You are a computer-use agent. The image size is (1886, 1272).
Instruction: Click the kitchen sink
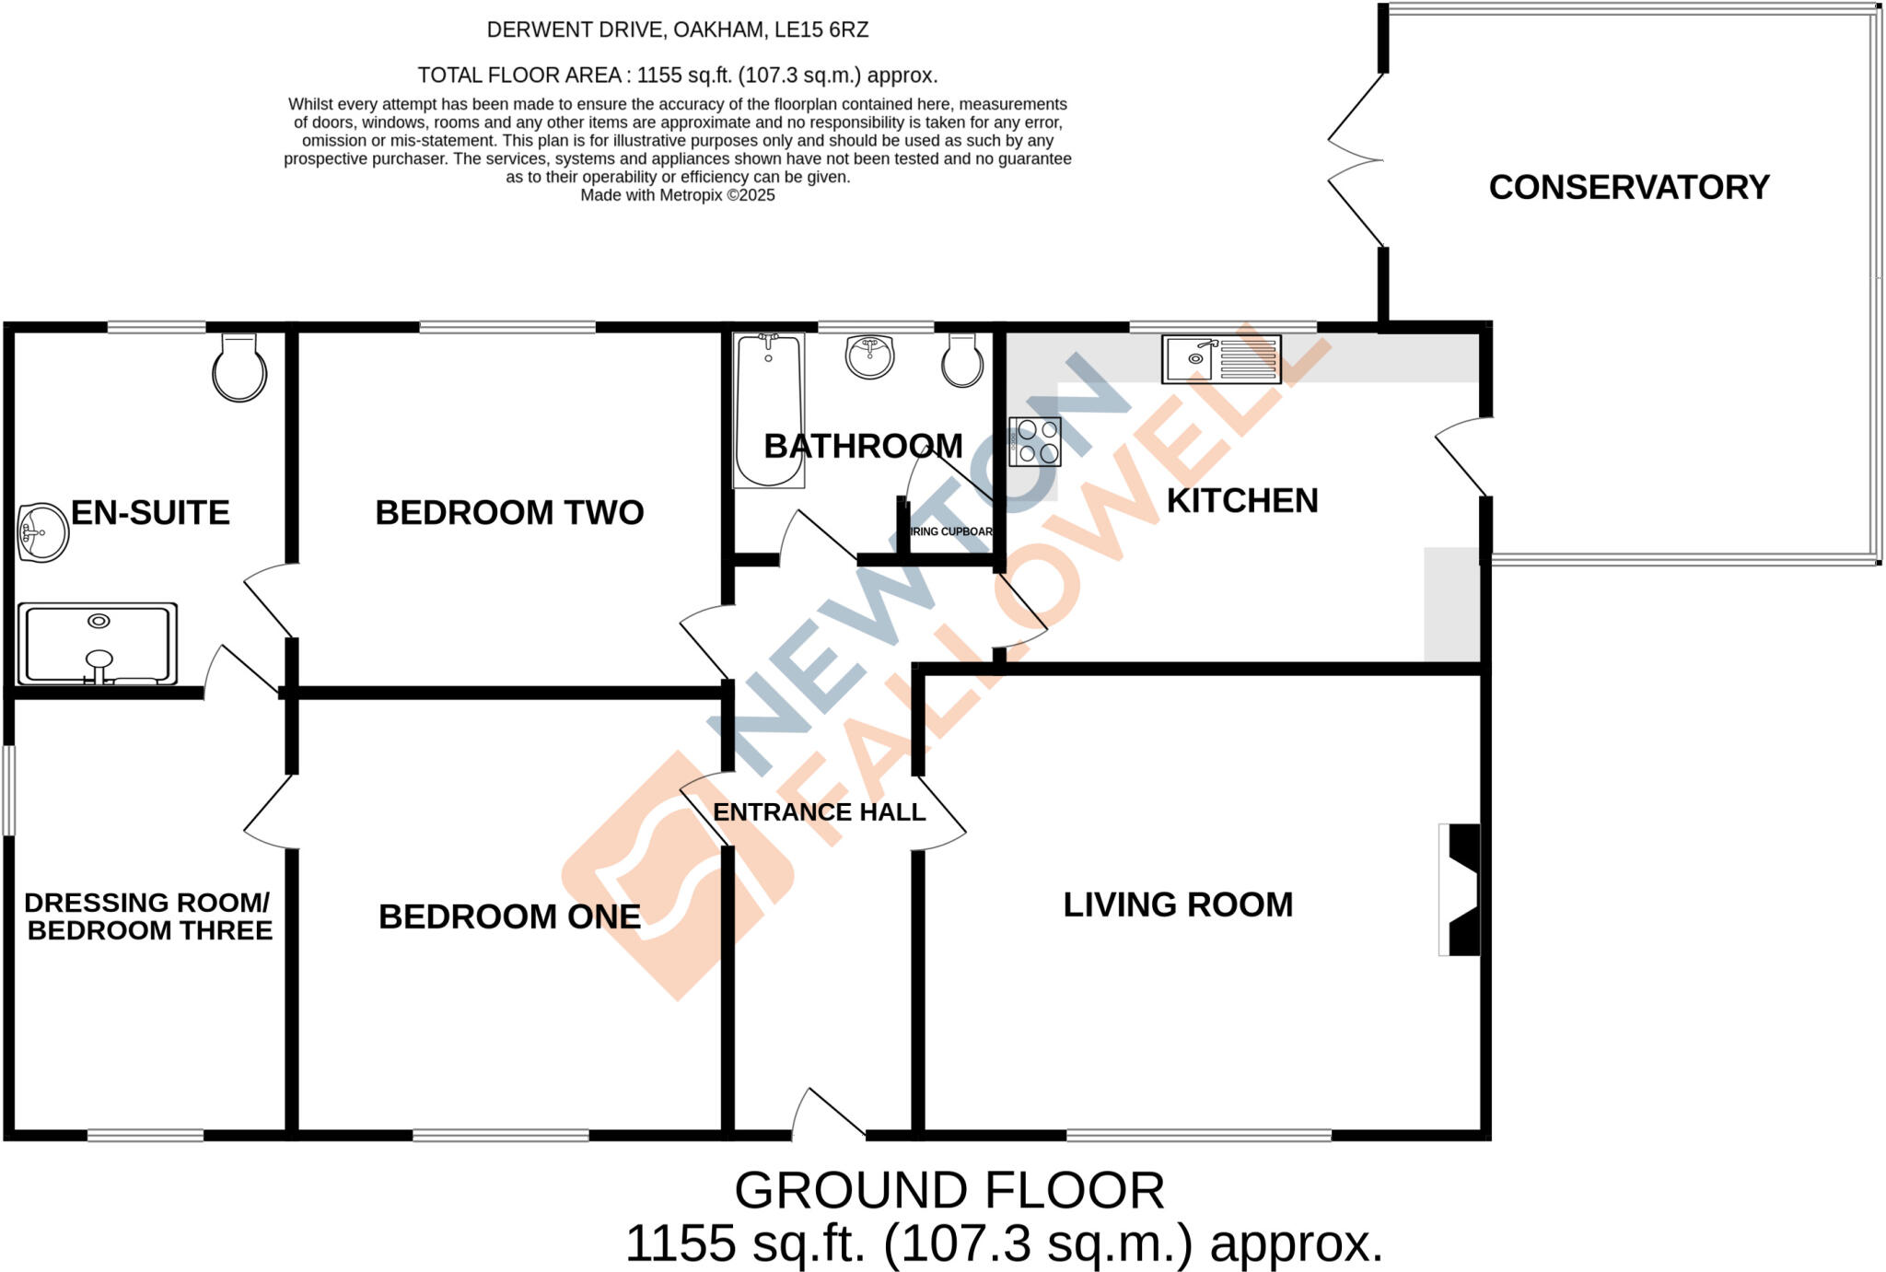tap(1220, 358)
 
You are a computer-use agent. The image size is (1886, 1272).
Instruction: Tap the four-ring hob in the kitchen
tap(1036, 442)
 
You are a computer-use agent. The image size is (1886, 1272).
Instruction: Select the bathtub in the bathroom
tap(769, 410)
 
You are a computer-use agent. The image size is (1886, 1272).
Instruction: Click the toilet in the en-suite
tap(239, 368)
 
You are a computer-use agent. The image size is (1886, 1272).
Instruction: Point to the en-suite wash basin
tap(42, 532)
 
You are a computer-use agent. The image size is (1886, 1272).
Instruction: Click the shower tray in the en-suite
tap(98, 644)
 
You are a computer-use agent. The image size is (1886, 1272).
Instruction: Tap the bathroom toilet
tap(962, 360)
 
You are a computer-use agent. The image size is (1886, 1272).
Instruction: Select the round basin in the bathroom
tap(869, 356)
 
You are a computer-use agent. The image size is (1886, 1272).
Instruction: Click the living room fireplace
tap(1461, 889)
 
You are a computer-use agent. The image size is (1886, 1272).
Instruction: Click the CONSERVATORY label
tap(1628, 187)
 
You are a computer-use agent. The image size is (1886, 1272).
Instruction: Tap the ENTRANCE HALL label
tap(819, 812)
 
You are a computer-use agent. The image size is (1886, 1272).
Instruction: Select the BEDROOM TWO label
tap(509, 513)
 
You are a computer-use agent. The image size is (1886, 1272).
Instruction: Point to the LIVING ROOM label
tap(1178, 904)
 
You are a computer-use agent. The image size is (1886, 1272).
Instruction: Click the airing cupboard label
tap(951, 531)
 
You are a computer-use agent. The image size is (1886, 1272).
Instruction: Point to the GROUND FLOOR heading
tap(949, 1190)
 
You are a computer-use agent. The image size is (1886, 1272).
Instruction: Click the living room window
tap(1199, 1136)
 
